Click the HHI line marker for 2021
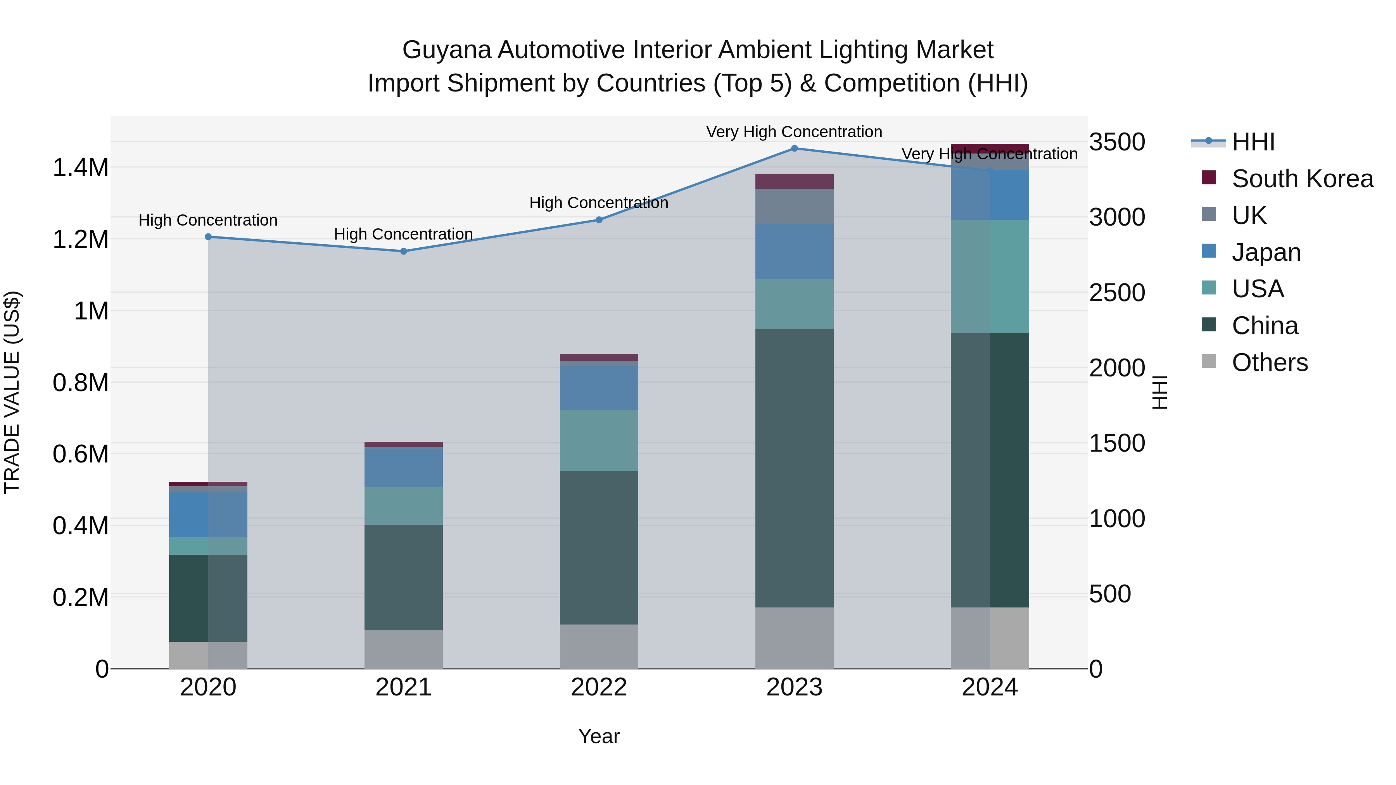(403, 251)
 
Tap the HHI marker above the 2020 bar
(208, 237)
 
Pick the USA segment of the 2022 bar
(598, 440)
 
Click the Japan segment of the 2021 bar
(403, 467)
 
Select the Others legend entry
(1269, 362)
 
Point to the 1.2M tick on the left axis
(80, 239)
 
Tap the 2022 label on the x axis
(598, 687)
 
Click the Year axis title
(598, 736)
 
